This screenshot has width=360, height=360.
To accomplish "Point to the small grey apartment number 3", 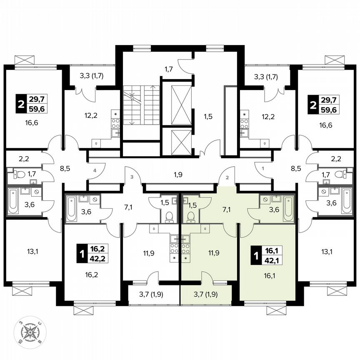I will pos(132,177).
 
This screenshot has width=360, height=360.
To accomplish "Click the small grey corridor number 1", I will pos(263,168).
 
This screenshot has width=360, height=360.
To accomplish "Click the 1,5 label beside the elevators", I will pos(208,117).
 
